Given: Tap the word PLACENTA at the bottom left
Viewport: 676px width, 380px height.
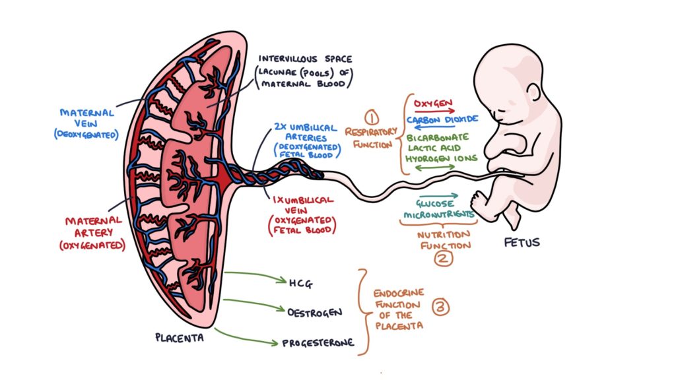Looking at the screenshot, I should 179,338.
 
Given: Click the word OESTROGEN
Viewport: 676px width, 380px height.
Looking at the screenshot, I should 314,311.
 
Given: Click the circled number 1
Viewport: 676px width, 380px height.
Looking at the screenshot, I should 372,118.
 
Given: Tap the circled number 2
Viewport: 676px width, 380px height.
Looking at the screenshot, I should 443,258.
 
